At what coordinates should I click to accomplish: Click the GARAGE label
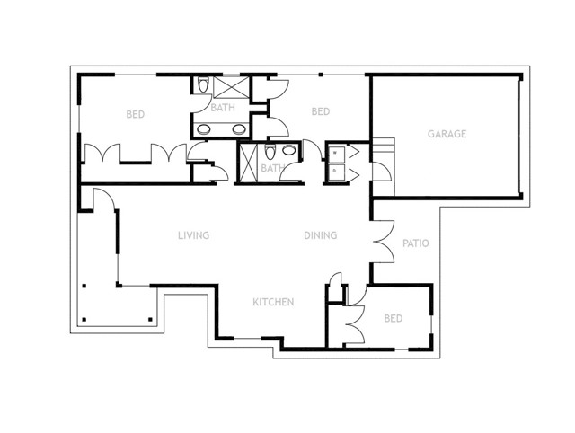coord(446,135)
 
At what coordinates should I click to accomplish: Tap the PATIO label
coord(415,243)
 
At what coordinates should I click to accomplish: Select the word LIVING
coord(193,236)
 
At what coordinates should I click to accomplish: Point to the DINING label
coord(320,236)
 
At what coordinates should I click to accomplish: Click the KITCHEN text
coord(273,303)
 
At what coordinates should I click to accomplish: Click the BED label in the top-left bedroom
coord(136,114)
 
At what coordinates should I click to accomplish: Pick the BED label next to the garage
coord(321,111)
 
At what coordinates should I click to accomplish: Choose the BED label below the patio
coord(393,319)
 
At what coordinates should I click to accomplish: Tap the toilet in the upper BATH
coord(202,86)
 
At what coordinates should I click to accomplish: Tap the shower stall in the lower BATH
coord(248,163)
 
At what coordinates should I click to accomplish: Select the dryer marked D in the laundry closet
coord(335,170)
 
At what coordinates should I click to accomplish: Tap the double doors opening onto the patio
coord(383,242)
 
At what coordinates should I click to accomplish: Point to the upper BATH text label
coord(223,109)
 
